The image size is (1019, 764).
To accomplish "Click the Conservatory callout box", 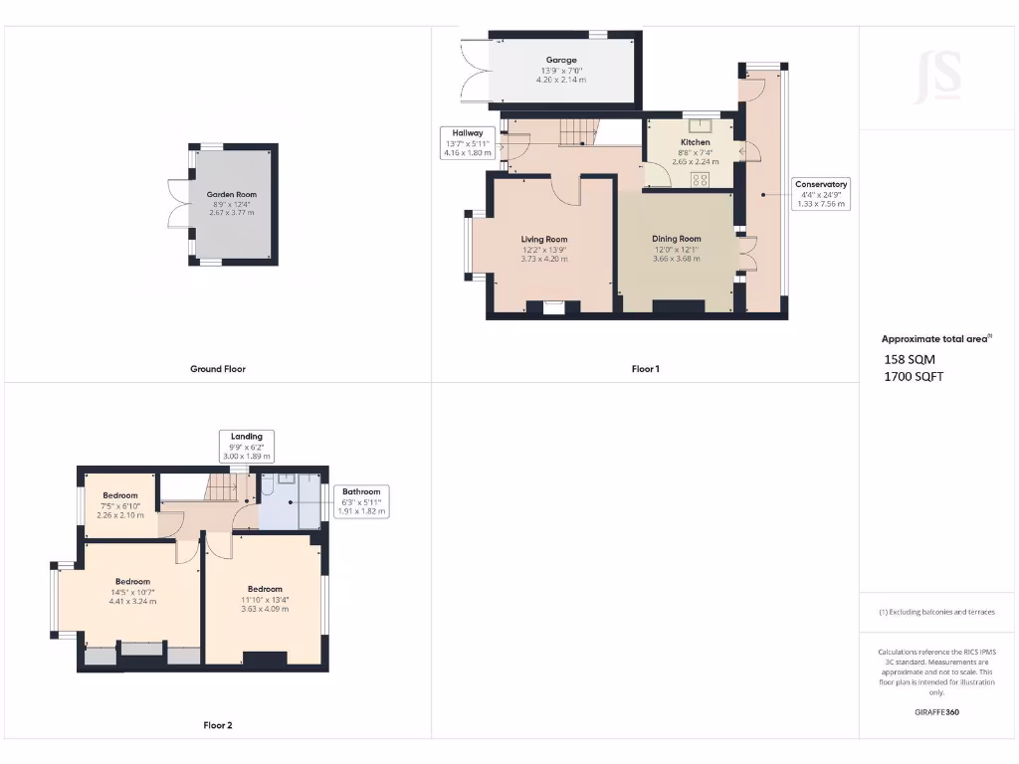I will click(820, 194).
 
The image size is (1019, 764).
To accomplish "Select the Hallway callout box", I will click(467, 143).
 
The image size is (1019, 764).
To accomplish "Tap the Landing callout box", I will click(247, 446).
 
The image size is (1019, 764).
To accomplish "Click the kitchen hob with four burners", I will click(700, 180).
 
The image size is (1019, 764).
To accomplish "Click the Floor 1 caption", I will click(645, 369).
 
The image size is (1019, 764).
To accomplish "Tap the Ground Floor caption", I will click(218, 369).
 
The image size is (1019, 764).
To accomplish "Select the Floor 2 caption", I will click(218, 725).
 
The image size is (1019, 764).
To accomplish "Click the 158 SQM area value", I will click(910, 359).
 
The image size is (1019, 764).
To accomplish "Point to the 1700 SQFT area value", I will click(914, 376).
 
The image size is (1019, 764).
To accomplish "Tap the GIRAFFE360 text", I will click(936, 712).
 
